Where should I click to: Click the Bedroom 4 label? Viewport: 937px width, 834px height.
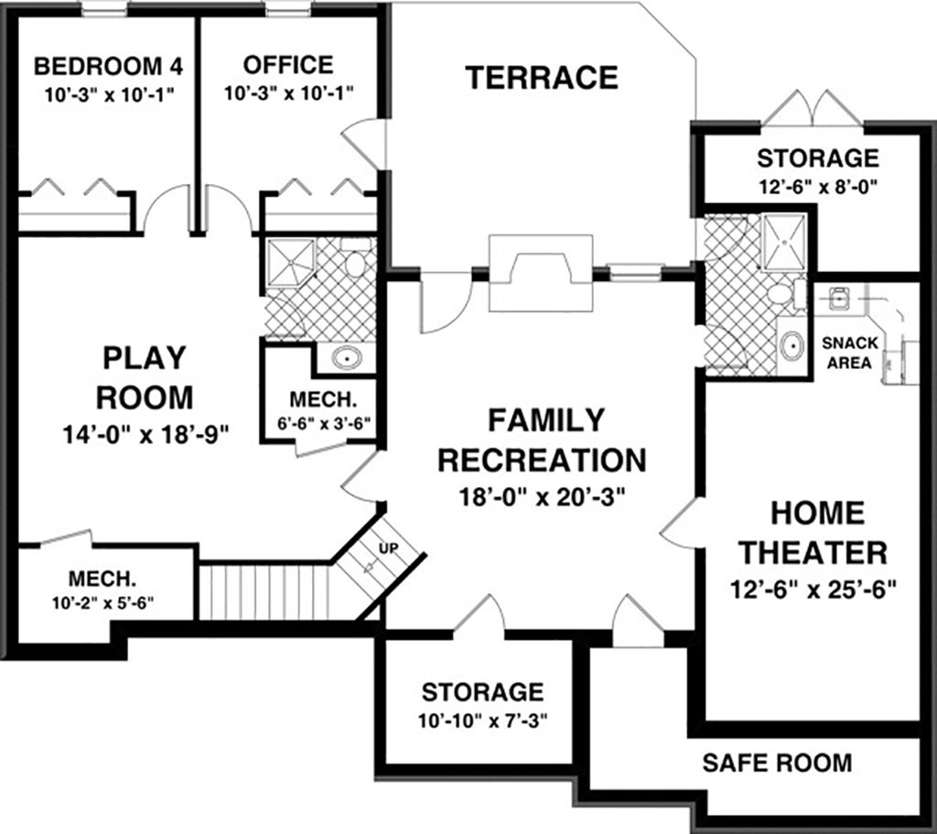coord(108,67)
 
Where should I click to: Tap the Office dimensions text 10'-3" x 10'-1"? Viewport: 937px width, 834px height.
coord(288,92)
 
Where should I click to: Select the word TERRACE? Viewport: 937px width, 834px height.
coord(542,78)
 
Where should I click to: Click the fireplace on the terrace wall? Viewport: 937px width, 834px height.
coord(540,272)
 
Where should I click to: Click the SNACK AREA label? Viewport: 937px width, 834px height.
coord(851,352)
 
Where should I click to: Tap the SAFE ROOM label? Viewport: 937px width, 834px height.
coord(777,762)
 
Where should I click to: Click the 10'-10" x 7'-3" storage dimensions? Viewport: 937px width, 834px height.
coord(483,720)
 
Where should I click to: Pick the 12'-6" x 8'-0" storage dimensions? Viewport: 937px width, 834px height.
coord(816,183)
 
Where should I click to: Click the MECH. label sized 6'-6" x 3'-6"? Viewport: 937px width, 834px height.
coord(321,401)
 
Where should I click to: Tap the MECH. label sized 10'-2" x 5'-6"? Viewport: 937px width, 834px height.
coord(102,579)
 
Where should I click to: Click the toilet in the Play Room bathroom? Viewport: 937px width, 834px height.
coord(355,262)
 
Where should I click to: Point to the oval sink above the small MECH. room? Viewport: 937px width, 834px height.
coord(346,358)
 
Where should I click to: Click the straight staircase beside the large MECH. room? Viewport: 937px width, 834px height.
coord(264,591)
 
